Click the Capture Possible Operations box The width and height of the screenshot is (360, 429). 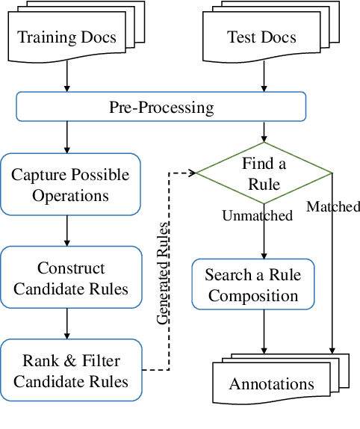pos(70,185)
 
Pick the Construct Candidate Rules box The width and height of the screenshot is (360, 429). pos(70,278)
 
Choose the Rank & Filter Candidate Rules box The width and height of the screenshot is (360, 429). pos(70,371)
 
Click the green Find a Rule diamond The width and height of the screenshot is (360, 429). pos(263,173)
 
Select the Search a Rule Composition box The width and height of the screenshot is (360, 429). pos(253,285)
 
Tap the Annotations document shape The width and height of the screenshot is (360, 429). pos(271,384)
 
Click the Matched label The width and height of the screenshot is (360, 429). pos(333,206)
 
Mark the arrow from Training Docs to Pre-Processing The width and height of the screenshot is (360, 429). pos(68,78)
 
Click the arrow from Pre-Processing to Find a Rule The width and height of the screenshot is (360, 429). pos(264,132)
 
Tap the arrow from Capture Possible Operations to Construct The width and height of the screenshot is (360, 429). pos(68,232)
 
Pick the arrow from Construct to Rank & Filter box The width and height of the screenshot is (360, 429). pos(68,324)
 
